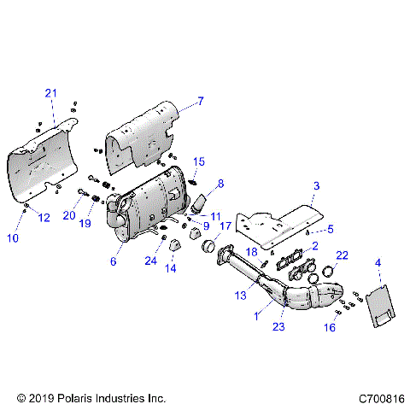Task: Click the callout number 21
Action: click(x=50, y=92)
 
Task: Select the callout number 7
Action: click(x=201, y=102)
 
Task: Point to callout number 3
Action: click(x=316, y=185)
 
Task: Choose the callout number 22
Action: click(x=341, y=255)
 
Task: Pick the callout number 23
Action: click(x=278, y=325)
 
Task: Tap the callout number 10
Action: click(x=13, y=238)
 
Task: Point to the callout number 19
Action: click(x=85, y=223)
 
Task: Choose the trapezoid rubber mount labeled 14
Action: click(x=176, y=247)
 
